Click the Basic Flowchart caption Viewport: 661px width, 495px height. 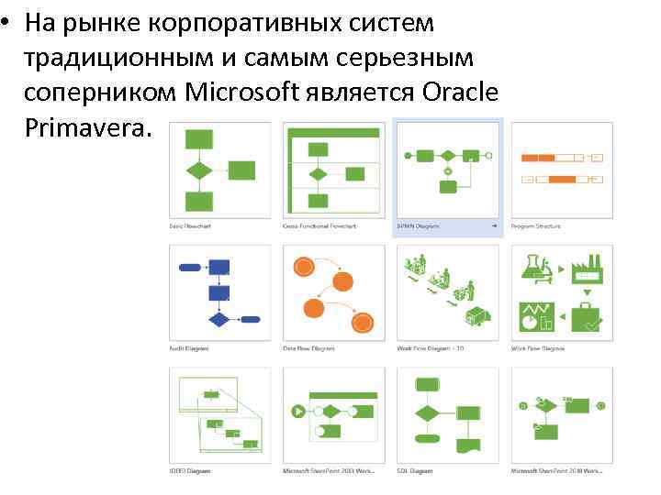tap(190, 225)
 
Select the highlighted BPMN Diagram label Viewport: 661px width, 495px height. tap(419, 225)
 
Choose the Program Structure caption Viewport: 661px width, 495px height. tap(535, 225)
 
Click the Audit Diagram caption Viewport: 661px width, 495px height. tap(188, 348)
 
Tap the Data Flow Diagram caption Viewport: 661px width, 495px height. tap(308, 348)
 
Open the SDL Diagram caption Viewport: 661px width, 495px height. tap(414, 471)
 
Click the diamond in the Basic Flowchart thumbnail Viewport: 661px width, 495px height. tap(199, 170)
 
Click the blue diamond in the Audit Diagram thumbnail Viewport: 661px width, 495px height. tap(218, 320)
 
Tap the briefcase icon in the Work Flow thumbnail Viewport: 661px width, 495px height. tap(586, 316)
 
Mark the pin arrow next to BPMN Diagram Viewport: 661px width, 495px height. tap(494, 225)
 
